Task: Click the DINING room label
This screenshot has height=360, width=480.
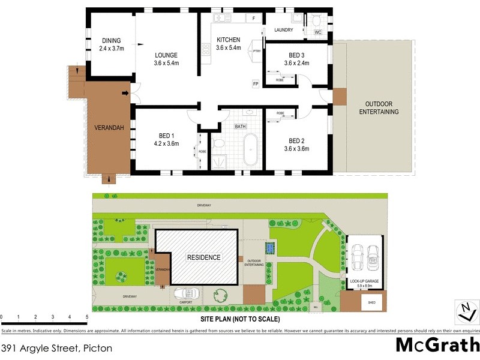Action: (x=110, y=41)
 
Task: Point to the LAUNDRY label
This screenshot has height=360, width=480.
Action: (x=283, y=30)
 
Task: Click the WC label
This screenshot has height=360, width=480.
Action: (x=318, y=32)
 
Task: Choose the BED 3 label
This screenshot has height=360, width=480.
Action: (x=296, y=55)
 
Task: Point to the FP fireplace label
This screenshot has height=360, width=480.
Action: (x=256, y=83)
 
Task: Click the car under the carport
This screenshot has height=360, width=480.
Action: (x=186, y=293)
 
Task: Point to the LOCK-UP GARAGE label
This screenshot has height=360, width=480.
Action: (x=365, y=281)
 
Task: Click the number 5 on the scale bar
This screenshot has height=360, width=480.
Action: (x=87, y=316)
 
